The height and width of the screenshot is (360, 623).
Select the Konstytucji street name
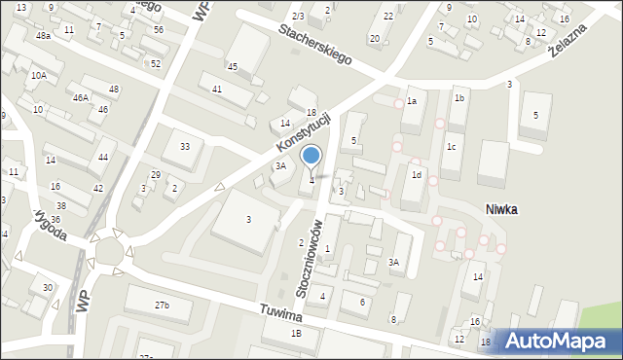(x=304, y=134)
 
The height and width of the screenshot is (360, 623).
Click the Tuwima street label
(x=282, y=317)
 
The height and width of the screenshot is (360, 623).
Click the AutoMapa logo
(x=559, y=342)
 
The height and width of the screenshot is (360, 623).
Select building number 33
(x=184, y=146)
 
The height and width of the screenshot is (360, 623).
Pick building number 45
(x=233, y=66)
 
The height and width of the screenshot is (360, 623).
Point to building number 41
(x=217, y=89)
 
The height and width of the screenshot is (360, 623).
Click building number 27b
(x=162, y=306)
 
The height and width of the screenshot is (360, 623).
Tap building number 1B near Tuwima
(x=296, y=334)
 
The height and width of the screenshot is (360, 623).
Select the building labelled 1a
(x=412, y=101)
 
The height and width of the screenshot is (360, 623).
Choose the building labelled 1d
(x=416, y=175)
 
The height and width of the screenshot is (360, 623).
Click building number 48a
(x=43, y=35)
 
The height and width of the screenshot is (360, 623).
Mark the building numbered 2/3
(x=298, y=17)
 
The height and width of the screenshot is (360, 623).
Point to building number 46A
(x=81, y=98)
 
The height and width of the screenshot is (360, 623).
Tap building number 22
(x=388, y=16)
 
